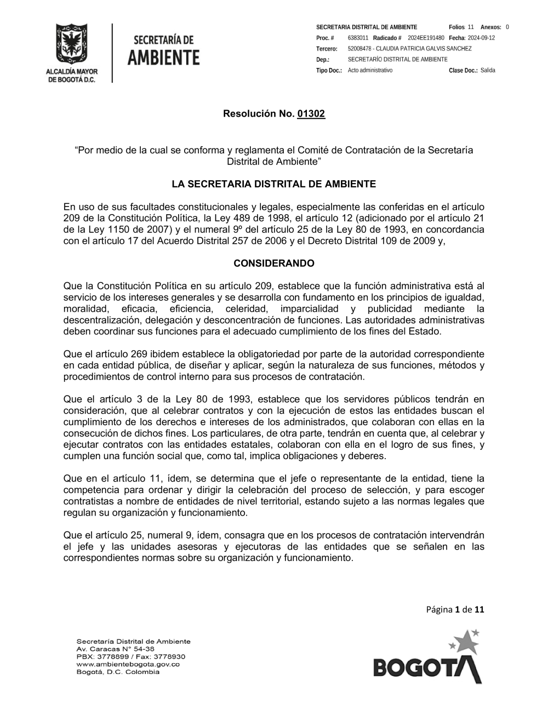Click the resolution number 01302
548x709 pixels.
click(x=311, y=114)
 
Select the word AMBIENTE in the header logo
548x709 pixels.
click(x=164, y=57)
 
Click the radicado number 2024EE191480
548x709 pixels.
click(x=426, y=38)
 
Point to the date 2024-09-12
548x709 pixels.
click(x=481, y=38)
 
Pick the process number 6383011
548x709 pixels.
click(x=358, y=38)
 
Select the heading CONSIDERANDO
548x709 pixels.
click(x=274, y=264)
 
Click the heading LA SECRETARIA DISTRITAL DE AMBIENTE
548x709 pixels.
click(x=274, y=184)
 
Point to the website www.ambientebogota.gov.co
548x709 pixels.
click(x=128, y=664)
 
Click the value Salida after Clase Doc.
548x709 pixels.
click(x=488, y=71)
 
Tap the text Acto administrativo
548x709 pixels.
click(x=370, y=71)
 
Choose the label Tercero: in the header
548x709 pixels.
click(x=327, y=49)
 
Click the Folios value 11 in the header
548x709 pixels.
click(x=471, y=27)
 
